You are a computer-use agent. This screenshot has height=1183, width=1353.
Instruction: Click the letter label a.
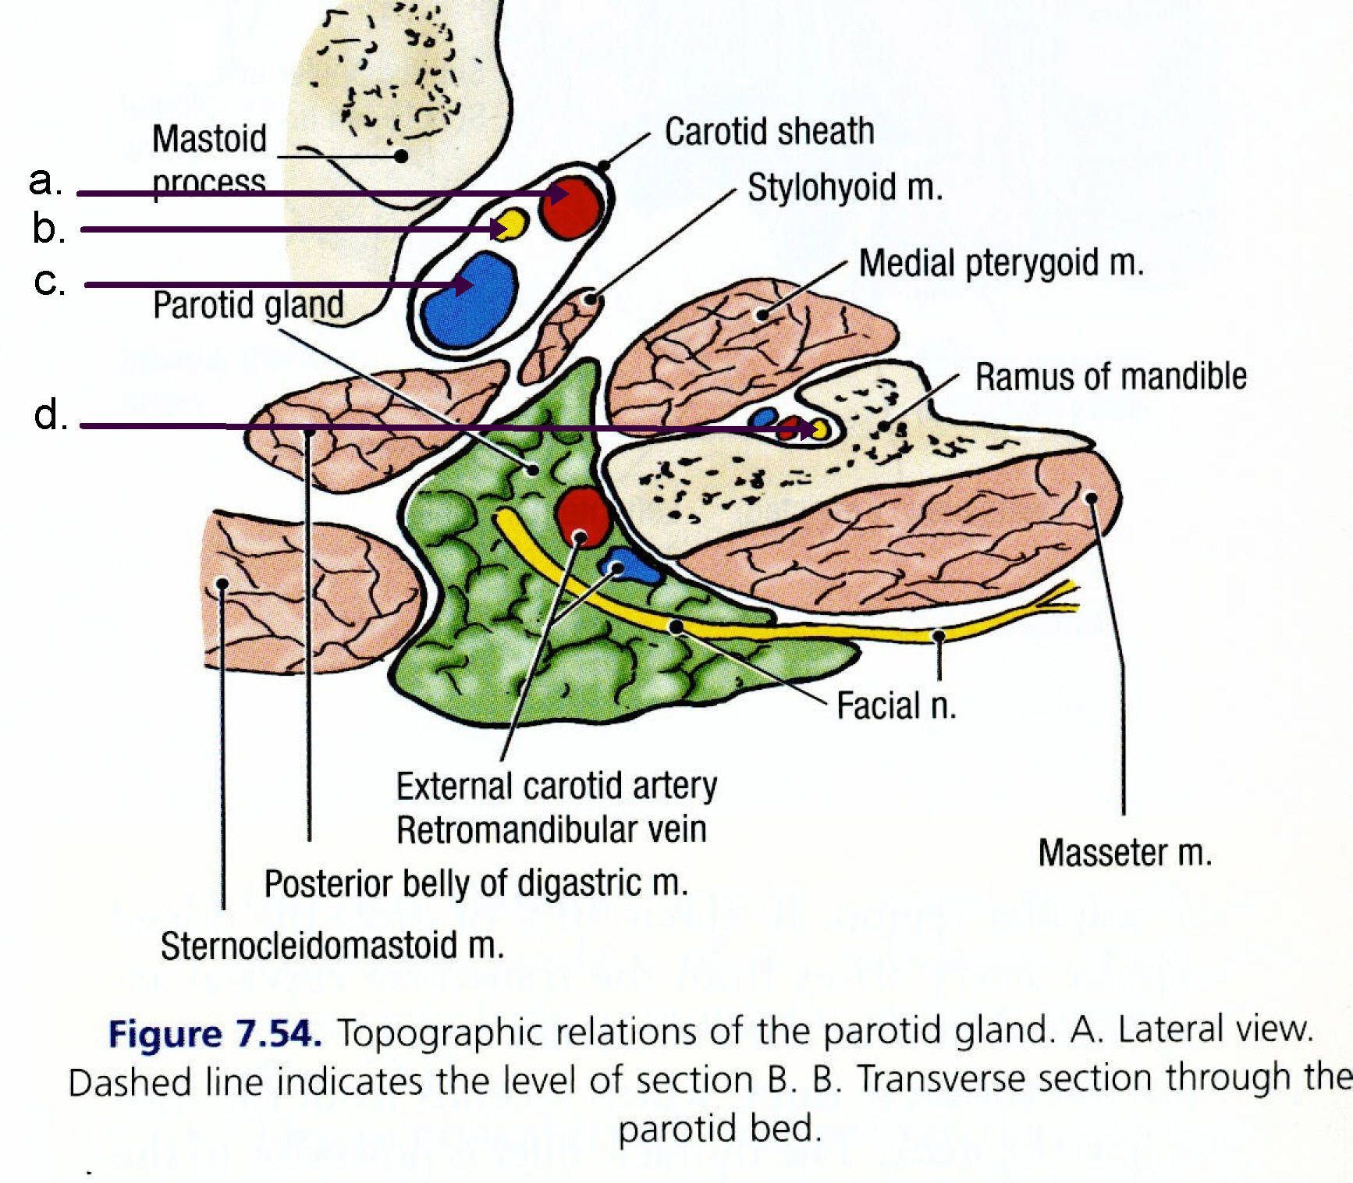point(44,181)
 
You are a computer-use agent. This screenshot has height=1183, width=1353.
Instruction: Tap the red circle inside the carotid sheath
point(573,208)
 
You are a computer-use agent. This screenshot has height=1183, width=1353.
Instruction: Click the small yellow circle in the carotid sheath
point(511,224)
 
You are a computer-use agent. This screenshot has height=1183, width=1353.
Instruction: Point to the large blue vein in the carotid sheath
point(469,300)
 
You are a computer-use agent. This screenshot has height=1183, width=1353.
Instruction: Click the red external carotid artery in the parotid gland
point(582,516)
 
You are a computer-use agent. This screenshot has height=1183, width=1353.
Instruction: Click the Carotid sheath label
point(769,131)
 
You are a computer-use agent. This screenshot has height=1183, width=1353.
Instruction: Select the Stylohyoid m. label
point(845,188)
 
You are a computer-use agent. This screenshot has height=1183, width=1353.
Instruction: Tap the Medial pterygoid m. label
point(1001,263)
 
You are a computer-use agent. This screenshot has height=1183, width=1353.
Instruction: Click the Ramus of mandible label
point(1110,376)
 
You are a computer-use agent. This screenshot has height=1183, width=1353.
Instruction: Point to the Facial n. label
point(896,705)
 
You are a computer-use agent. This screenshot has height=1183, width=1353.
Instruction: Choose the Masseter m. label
point(1124,853)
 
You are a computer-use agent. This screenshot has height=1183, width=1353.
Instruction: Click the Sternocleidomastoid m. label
point(332,945)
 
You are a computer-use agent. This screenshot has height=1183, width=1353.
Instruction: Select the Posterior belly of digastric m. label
point(476,883)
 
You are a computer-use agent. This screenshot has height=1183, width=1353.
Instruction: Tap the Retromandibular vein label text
point(551,829)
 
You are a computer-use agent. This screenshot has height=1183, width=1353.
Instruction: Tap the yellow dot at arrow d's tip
point(819,429)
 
